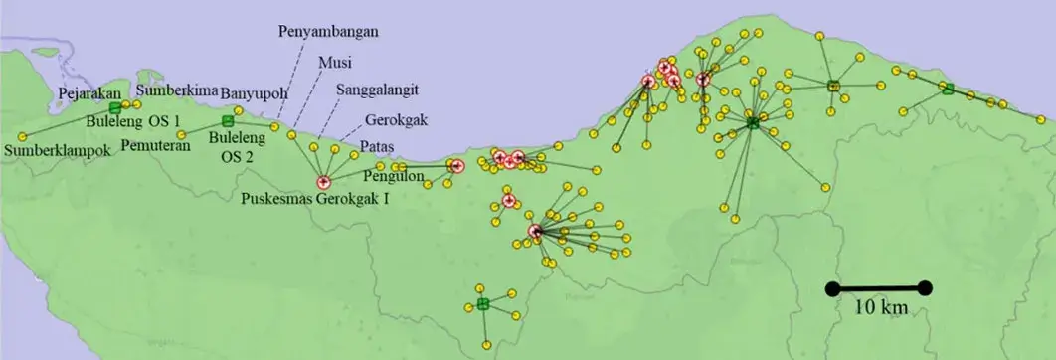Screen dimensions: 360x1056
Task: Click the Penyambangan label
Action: [328, 31]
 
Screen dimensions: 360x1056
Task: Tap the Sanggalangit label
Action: [375, 90]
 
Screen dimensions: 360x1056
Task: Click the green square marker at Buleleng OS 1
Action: [115, 107]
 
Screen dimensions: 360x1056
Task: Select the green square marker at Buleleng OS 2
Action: [227, 122]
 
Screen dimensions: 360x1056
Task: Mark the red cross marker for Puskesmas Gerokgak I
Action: [322, 182]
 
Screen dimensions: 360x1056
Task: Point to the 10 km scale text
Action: [881, 308]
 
